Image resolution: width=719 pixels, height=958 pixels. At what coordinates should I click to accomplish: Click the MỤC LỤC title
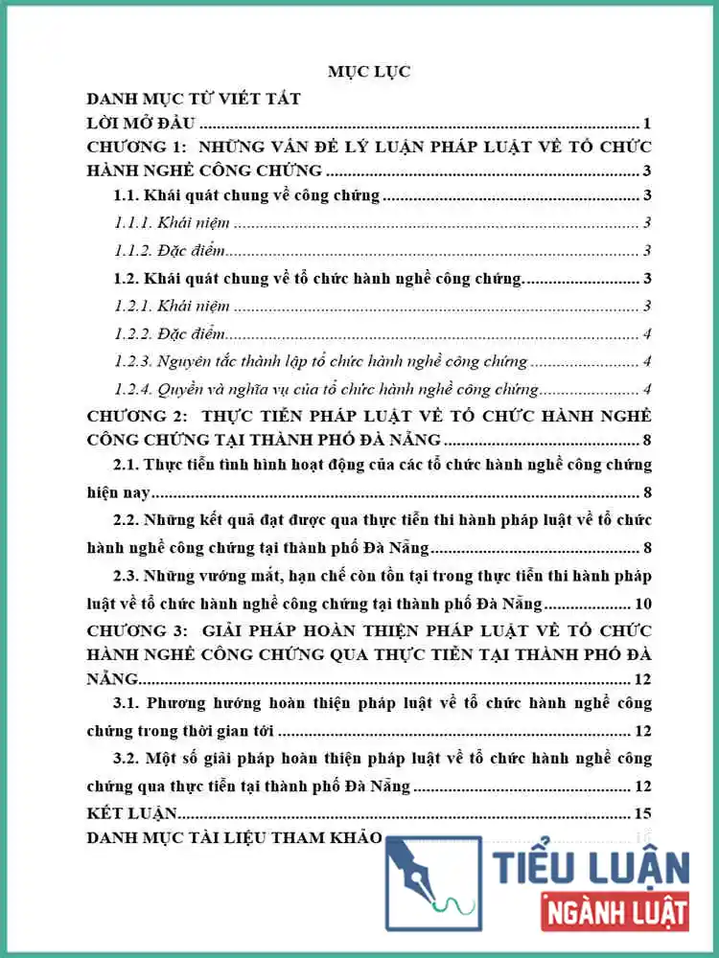(369, 73)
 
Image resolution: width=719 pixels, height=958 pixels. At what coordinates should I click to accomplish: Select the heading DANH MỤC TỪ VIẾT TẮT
(194, 99)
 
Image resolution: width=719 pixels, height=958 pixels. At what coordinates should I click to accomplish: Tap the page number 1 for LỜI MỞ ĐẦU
(648, 124)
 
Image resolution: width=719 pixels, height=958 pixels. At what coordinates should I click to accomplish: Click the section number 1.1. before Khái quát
(127, 196)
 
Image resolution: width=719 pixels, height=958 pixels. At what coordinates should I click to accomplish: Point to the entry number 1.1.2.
(133, 251)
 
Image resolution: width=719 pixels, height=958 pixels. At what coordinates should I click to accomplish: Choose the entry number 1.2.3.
(133, 361)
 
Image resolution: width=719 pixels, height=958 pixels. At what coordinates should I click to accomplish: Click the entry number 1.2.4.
(133, 389)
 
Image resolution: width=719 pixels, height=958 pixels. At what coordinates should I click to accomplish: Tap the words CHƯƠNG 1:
(133, 148)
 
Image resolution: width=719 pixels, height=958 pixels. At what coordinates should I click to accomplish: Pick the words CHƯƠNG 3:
(133, 630)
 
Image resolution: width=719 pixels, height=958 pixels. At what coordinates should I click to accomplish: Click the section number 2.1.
(127, 465)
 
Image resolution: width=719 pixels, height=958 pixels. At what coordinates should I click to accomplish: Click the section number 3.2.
(127, 758)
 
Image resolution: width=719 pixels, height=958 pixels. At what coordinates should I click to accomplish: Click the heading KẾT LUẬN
(132, 813)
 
